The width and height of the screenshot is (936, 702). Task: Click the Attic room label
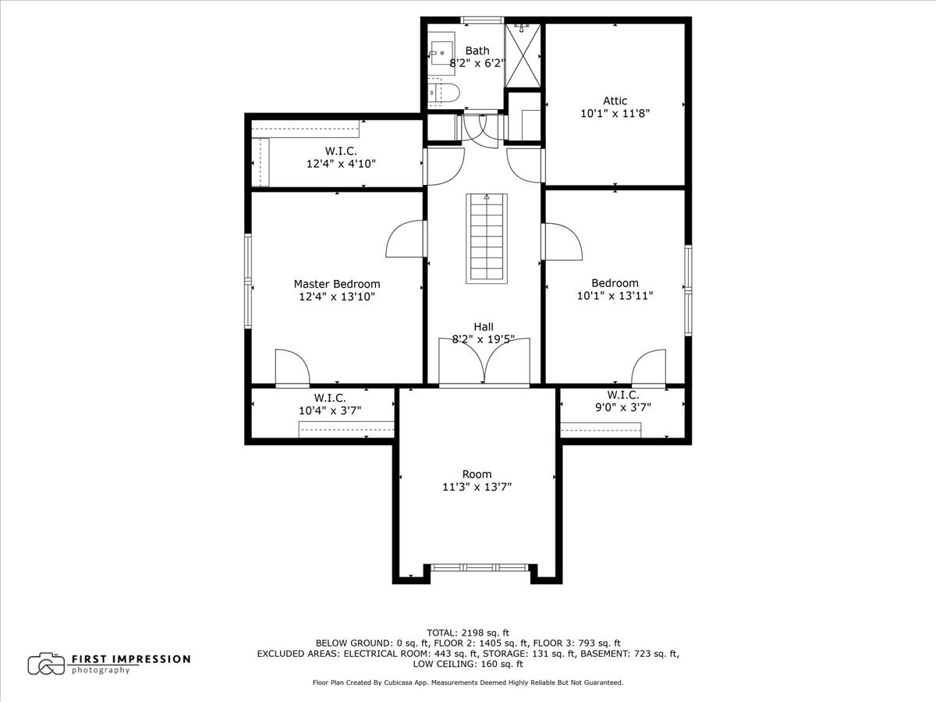pos(615,101)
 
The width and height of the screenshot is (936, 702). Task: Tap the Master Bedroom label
pos(337,284)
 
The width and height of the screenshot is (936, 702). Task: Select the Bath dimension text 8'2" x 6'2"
pos(477,63)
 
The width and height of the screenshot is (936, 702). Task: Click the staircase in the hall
pos(487,239)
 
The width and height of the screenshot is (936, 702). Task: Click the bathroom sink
pos(441,53)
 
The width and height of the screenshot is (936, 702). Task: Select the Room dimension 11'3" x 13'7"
pos(477,487)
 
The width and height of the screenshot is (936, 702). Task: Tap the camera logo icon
pos(46,664)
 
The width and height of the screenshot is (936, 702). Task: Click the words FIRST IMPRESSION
pos(131,659)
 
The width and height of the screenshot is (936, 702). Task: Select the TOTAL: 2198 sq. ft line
pos(468,633)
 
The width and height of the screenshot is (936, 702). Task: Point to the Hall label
pos(484,327)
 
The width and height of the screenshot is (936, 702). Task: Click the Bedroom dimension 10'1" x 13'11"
pos(615,296)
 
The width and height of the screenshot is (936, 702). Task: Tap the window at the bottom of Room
pos(479,567)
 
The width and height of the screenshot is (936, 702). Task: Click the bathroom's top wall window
pos(482,20)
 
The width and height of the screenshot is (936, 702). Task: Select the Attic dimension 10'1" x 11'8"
pos(615,114)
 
